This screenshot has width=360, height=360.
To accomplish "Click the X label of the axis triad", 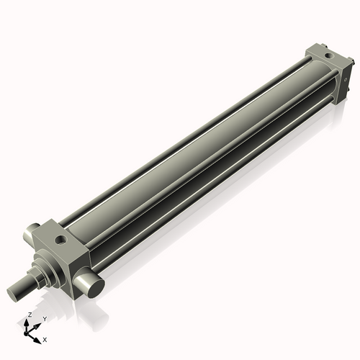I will [x=45, y=339].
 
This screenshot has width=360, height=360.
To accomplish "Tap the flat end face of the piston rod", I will [x=13, y=292].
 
